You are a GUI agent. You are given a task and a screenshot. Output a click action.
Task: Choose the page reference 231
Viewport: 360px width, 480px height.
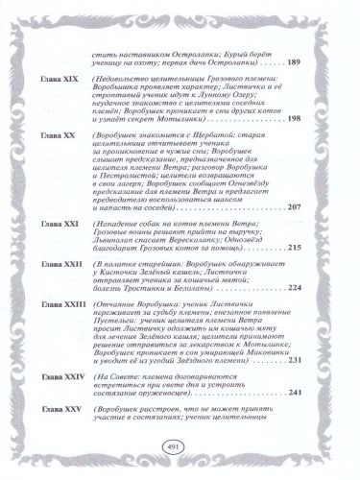(x=295, y=360)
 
